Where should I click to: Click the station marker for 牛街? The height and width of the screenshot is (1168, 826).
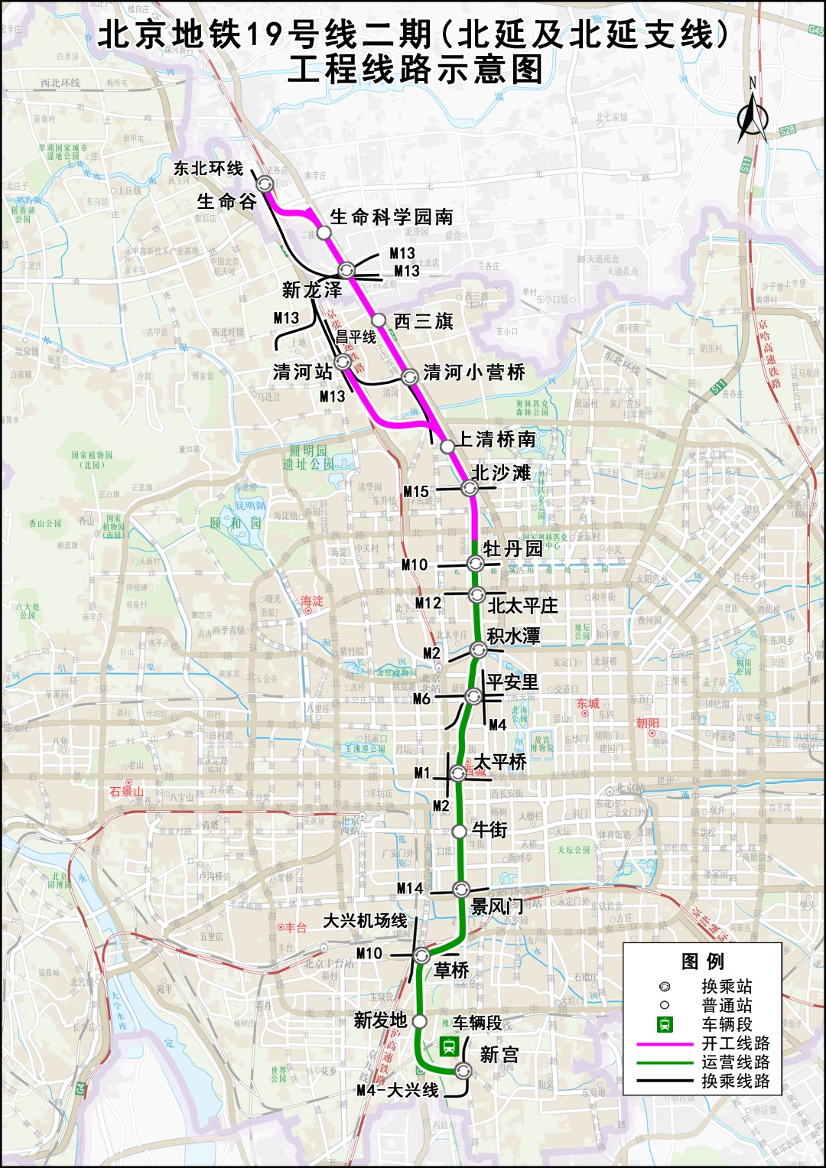coord(459,831)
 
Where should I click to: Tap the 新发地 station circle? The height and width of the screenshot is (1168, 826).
coord(419,1020)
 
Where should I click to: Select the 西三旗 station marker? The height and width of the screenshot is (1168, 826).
coord(379,320)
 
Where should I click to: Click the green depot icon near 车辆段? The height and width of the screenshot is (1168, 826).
coord(449,1046)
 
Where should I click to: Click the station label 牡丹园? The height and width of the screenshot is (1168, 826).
coord(512,548)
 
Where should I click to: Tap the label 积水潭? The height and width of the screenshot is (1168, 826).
coord(513,636)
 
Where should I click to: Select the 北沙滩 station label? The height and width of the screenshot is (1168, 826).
coord(501,473)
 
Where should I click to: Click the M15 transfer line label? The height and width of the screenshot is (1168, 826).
coord(416,492)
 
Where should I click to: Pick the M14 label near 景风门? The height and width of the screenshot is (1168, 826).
coord(410,888)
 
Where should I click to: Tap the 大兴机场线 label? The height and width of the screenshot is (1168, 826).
coord(365,920)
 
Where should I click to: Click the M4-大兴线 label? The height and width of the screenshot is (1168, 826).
coord(398,1091)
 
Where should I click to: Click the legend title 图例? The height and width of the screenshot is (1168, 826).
coord(702,961)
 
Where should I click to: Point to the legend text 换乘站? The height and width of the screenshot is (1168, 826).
coord(727,987)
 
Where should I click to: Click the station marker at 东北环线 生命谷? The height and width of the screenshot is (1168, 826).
coord(265,184)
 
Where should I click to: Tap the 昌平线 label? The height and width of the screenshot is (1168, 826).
coord(356,337)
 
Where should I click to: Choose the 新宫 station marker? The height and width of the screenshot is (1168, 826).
coord(463,1071)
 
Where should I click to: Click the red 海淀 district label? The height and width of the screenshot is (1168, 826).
coord(311,602)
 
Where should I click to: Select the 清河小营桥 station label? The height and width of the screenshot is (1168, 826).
coord(474,373)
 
